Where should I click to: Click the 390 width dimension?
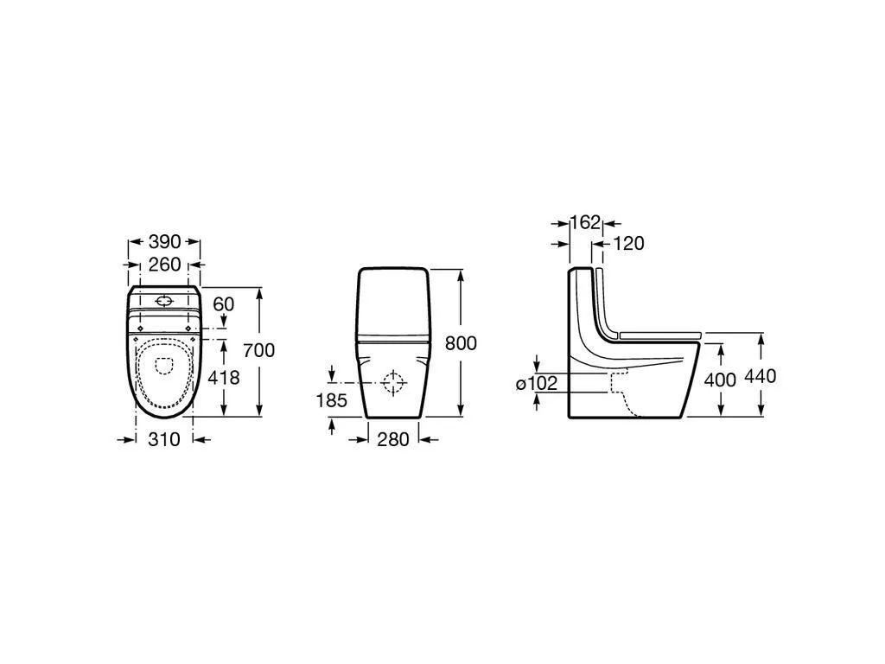164,242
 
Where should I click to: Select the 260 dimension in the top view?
164,265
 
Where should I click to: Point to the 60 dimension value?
223,304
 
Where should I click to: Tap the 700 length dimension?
259,350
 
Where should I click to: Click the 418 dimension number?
224,377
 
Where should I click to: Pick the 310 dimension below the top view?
164,439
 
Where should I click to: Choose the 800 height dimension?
461,343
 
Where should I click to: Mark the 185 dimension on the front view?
331,400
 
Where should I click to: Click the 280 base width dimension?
393,439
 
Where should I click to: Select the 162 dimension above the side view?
585,222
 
